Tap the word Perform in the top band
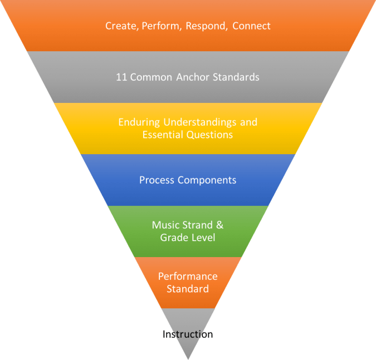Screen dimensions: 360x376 [158, 26]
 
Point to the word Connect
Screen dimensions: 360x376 [251, 26]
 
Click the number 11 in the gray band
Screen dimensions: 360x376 [121, 77]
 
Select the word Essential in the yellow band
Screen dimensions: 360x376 [162, 135]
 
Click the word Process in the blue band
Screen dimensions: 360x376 [157, 180]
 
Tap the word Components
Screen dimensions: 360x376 [206, 180]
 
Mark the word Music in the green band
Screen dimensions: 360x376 [165, 225]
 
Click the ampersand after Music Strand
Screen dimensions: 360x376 [219, 225]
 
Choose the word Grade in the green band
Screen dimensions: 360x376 [173, 238]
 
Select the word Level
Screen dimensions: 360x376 [203, 238]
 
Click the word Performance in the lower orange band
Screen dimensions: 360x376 [188, 277]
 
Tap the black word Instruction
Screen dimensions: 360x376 [188, 334]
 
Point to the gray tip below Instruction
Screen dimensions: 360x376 [188, 351]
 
